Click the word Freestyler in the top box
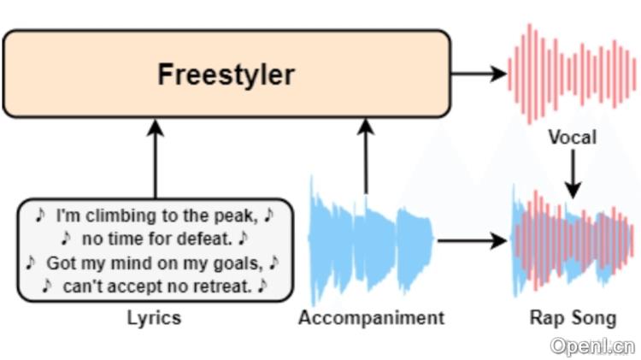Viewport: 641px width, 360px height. tap(226, 74)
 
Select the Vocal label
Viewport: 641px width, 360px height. tap(572, 137)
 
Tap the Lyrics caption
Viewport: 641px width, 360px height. tap(154, 318)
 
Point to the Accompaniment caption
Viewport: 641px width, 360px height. tap(372, 318)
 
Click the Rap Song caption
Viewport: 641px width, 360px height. tap(573, 318)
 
